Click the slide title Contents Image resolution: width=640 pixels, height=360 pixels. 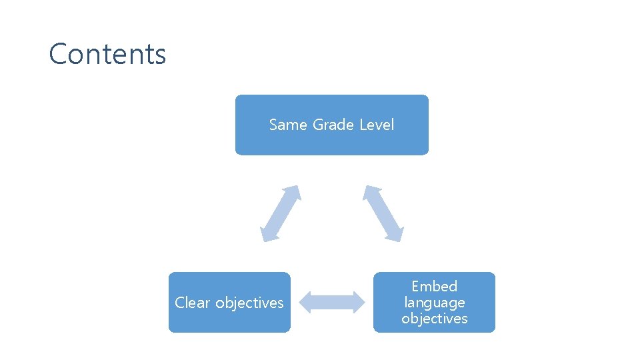click(107, 54)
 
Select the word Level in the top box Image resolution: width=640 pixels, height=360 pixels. click(377, 125)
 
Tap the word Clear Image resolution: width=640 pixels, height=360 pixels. click(193, 303)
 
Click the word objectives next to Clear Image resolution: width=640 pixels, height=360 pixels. click(249, 303)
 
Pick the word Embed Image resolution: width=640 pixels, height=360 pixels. click(434, 287)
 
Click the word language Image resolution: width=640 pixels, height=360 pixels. click(434, 303)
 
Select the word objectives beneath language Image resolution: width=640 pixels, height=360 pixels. click(434, 319)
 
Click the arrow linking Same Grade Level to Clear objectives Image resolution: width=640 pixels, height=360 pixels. click(281, 213)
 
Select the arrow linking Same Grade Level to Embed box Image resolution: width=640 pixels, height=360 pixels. click(383, 213)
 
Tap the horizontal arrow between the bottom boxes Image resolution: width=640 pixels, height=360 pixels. click(332, 302)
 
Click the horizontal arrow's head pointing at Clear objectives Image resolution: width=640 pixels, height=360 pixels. click(306, 302)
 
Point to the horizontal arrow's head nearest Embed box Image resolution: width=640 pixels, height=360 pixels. click(358, 302)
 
